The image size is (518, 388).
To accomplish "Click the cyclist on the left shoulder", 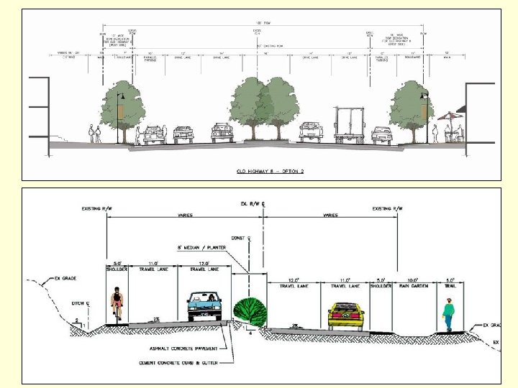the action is pyautogui.click(x=117, y=306).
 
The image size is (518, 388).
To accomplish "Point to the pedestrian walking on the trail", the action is pyautogui.click(x=448, y=315).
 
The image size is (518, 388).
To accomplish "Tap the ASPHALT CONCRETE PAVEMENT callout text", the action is pyautogui.click(x=173, y=351).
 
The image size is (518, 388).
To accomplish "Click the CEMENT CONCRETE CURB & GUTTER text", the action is pyautogui.click(x=177, y=363).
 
